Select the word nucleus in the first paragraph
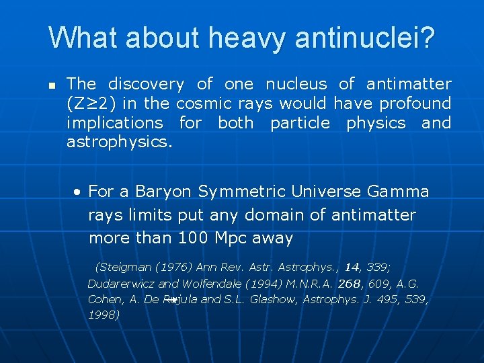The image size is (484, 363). click(296, 84)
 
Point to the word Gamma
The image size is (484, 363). click(398, 192)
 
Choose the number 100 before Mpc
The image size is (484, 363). click(192, 238)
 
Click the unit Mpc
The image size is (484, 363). click(229, 238)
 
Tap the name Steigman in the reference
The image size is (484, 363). click(125, 268)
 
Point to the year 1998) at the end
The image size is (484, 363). click(104, 315)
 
